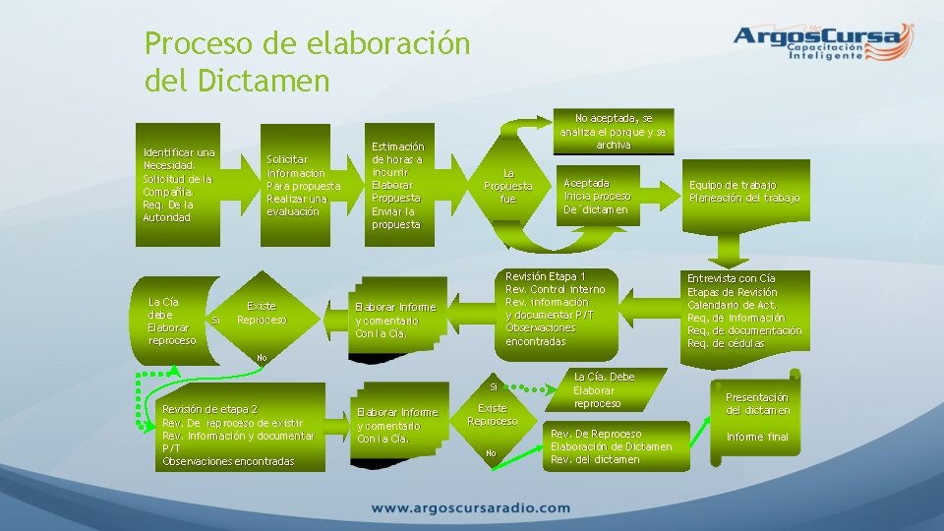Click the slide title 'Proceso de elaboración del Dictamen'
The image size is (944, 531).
[x=307, y=62]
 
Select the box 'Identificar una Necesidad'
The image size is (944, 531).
[x=179, y=184]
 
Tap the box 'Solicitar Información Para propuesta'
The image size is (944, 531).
[x=304, y=185]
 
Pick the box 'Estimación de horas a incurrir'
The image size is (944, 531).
[x=396, y=185]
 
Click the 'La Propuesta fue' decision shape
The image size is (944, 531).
[x=507, y=185]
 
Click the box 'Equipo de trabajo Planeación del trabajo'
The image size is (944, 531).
[x=744, y=191]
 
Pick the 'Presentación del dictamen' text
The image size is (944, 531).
[x=757, y=403]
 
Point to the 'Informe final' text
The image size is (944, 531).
[x=757, y=437]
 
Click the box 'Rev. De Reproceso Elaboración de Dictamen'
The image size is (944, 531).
[x=612, y=446]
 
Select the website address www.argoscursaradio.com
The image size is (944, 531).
[x=471, y=508]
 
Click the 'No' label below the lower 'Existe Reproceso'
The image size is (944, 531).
[x=490, y=453]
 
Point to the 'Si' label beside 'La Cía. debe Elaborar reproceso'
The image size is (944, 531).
[x=215, y=321]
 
